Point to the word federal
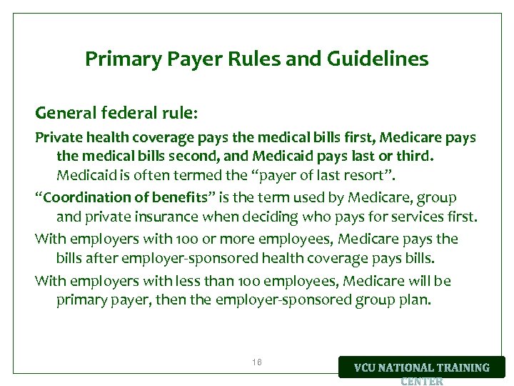click(128, 114)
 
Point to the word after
click(103, 258)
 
